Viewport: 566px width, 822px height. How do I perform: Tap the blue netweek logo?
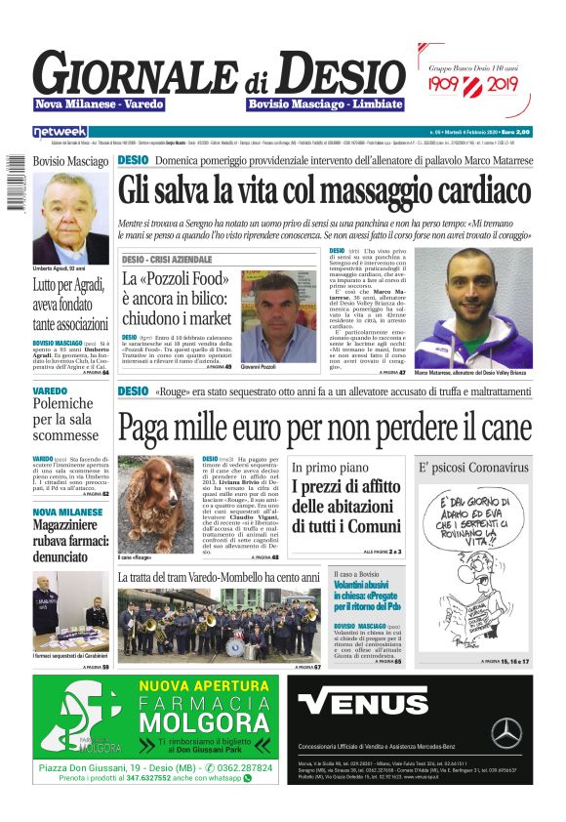[60, 131]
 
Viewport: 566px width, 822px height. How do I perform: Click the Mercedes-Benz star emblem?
[505, 731]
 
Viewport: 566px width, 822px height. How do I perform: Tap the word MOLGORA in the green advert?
[207, 723]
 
